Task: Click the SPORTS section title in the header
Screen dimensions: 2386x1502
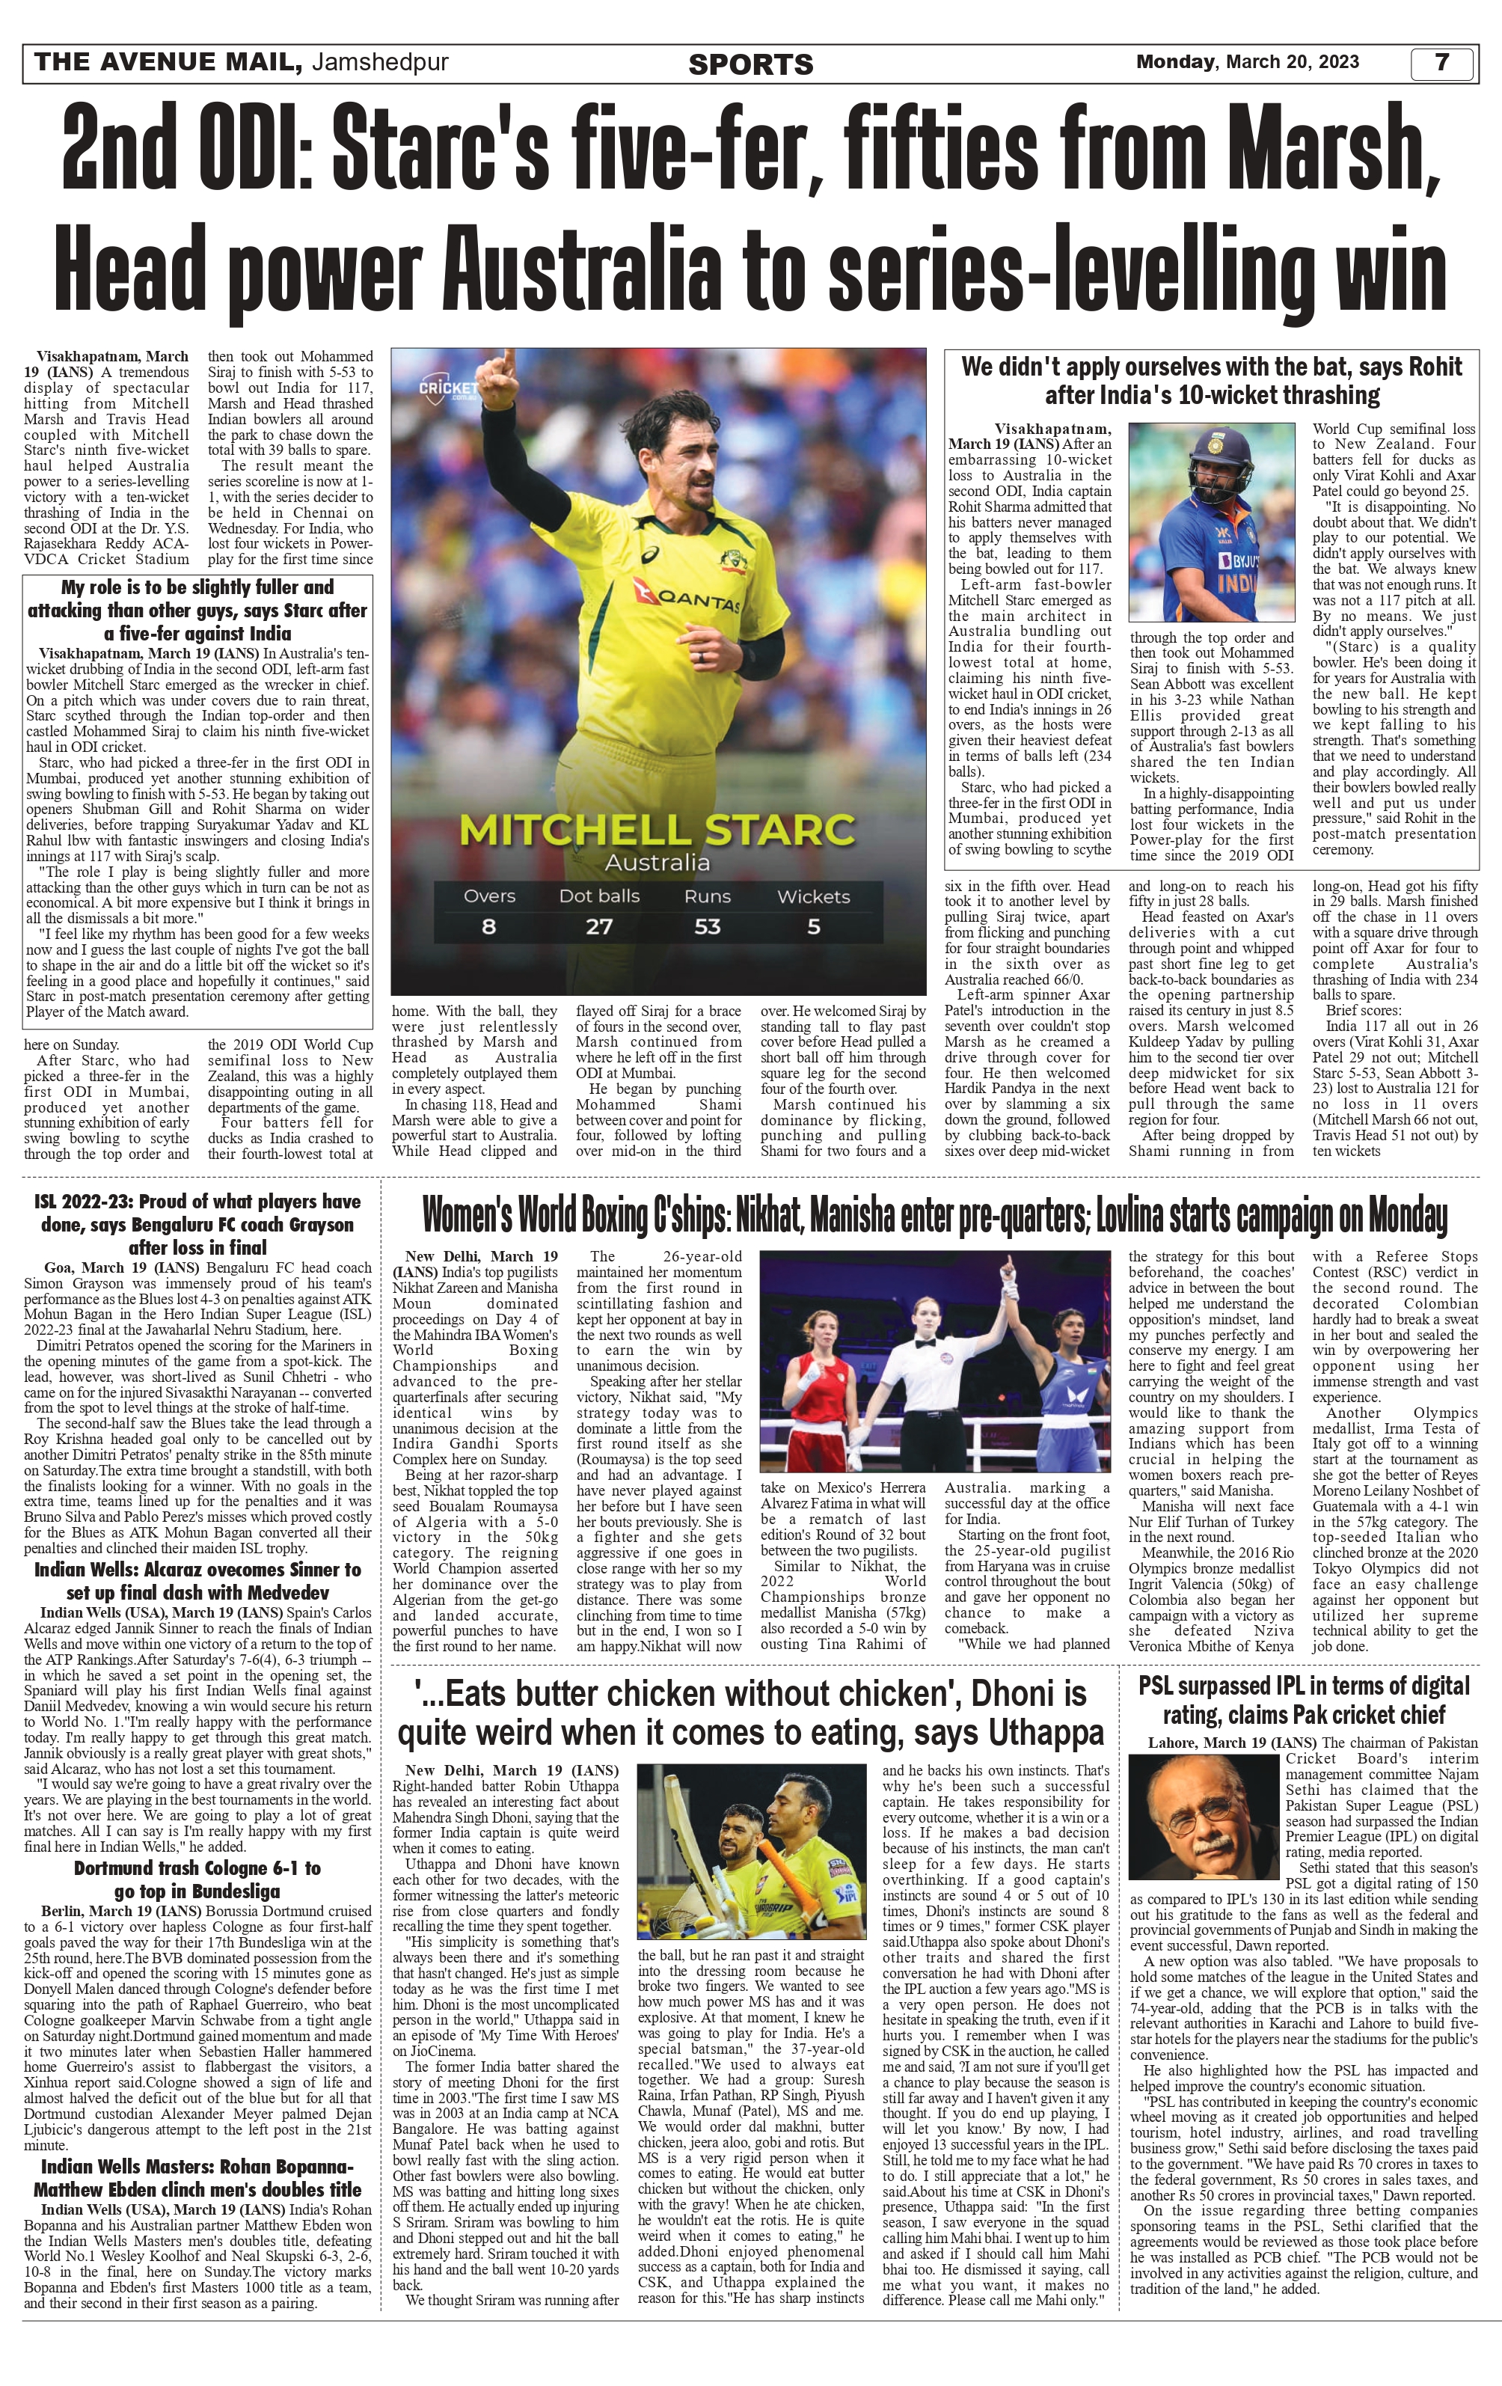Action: (x=750, y=65)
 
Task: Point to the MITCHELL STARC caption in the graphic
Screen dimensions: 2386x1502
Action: (x=657, y=828)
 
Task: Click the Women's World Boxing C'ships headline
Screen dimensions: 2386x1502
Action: (x=934, y=1216)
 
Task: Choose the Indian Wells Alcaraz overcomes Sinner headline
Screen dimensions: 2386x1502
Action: (x=198, y=1582)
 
